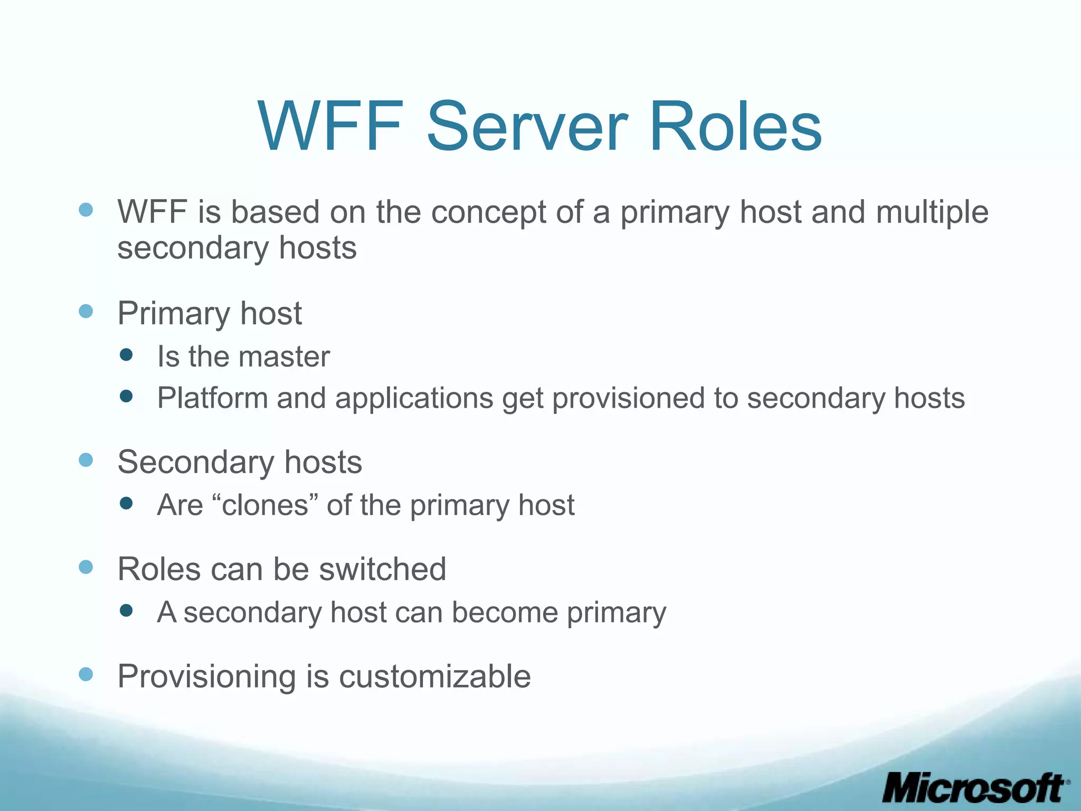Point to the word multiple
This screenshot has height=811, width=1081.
932,212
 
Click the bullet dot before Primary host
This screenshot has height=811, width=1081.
86,311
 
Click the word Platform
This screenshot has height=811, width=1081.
212,398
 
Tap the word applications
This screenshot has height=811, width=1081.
413,398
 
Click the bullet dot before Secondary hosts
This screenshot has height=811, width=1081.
86,460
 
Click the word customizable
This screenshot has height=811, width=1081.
434,676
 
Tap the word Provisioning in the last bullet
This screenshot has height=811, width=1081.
206,677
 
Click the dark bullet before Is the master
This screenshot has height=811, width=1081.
126,355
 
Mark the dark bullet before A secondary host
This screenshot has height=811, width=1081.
126,611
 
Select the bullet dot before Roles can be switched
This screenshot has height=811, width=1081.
86,567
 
